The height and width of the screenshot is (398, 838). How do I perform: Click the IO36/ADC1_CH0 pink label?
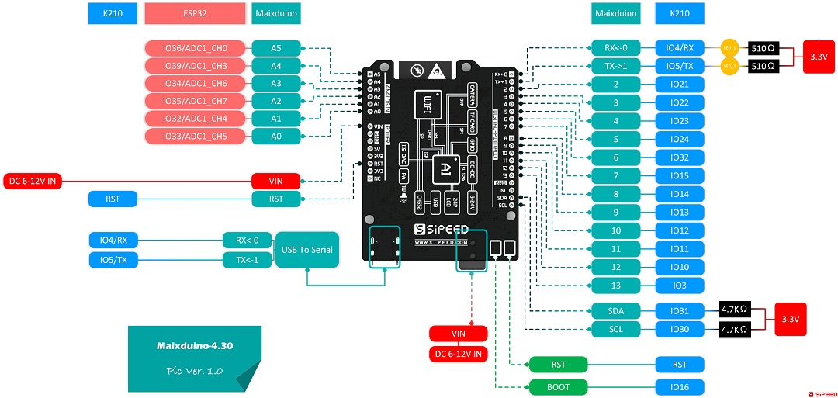tap(196, 48)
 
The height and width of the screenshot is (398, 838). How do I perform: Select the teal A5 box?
tap(275, 48)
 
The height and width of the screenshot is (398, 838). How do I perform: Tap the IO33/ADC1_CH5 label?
tap(196, 137)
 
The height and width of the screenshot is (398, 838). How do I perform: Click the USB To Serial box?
tap(307, 250)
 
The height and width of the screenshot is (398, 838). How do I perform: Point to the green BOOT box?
tap(558, 387)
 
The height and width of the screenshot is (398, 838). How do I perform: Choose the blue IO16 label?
tap(680, 387)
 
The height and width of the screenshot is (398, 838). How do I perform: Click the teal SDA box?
tap(615, 311)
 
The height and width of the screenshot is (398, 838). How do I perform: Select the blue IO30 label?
tap(680, 330)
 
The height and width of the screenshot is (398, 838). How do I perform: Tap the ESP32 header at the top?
tap(196, 13)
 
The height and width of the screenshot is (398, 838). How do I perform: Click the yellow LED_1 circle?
tap(729, 48)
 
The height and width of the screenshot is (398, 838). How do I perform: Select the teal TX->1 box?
tap(615, 66)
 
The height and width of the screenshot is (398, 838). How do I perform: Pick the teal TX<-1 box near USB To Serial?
tap(248, 260)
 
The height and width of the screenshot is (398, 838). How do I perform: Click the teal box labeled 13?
tap(615, 286)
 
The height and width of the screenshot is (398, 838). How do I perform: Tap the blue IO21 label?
tap(680, 85)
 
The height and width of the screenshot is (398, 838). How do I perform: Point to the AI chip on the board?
tap(445, 168)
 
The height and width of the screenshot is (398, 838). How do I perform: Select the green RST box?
tap(558, 365)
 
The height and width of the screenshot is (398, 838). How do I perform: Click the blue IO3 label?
tap(680, 286)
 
